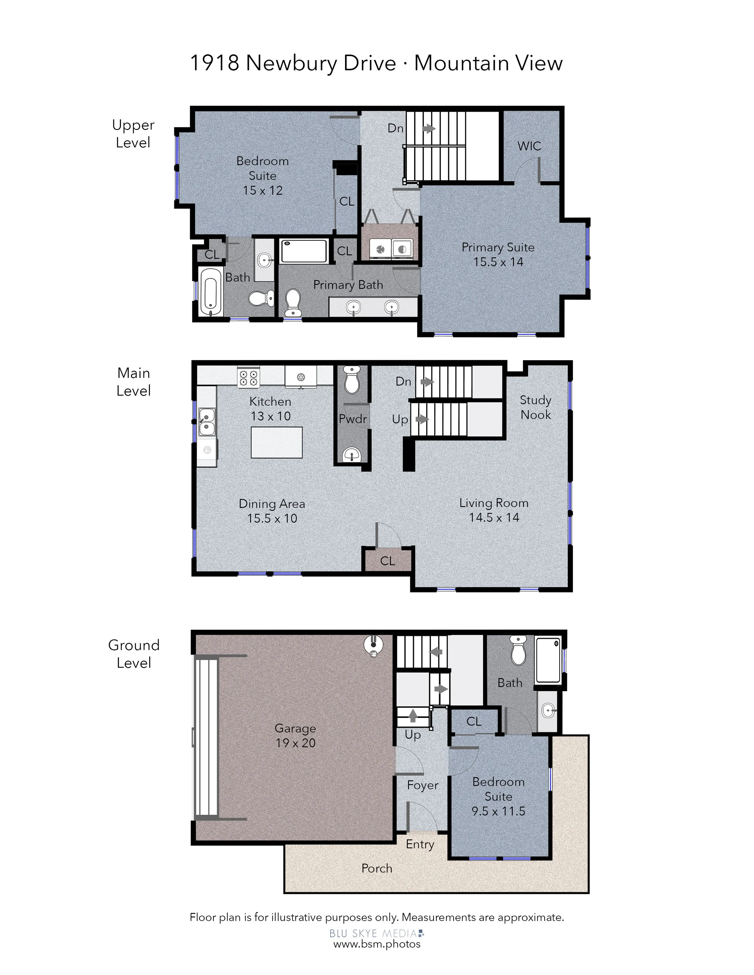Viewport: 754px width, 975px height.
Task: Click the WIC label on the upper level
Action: coord(529,146)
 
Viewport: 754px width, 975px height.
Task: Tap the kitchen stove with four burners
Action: coord(249,377)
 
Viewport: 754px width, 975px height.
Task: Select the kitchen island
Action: coord(277,442)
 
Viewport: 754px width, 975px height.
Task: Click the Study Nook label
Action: coord(536,407)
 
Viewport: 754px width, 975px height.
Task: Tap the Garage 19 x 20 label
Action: coord(295,735)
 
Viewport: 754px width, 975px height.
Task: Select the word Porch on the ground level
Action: coord(377,868)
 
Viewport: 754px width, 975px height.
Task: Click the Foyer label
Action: coord(423,785)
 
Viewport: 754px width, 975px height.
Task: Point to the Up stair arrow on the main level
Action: coord(422,419)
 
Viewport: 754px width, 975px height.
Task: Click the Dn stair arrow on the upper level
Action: coord(429,129)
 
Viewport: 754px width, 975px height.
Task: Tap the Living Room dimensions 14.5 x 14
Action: coord(494,517)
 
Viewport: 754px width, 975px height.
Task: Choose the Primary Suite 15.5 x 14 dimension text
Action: coord(498,262)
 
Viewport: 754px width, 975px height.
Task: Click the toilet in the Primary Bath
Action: coord(293,303)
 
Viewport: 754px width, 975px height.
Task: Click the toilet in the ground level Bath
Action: coord(518,650)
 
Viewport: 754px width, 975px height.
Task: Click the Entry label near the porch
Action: coord(420,844)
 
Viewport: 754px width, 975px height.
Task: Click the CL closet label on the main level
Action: coord(387,561)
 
